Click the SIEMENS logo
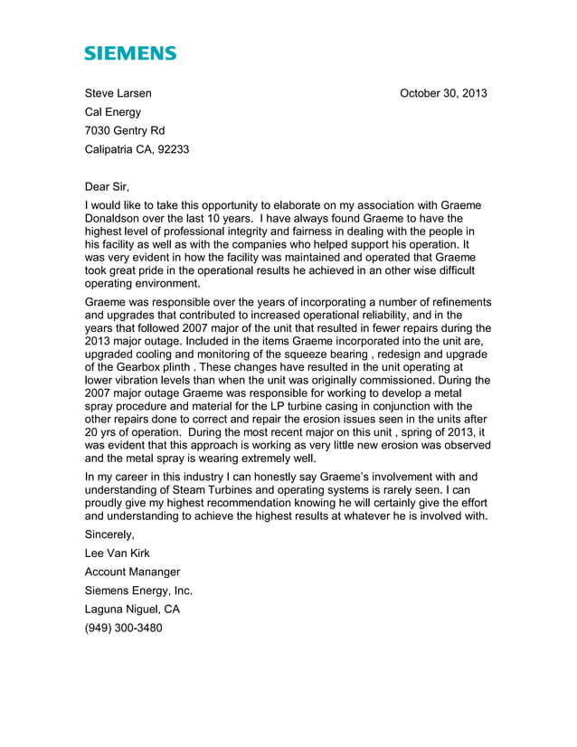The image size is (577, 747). click(130, 53)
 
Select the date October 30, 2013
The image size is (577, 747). click(443, 93)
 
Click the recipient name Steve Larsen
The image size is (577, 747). click(118, 93)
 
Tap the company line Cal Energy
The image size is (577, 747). click(113, 112)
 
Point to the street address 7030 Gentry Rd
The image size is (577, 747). click(125, 131)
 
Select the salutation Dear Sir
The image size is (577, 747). click(107, 187)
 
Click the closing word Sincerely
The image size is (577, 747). click(109, 534)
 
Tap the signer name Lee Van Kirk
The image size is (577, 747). click(118, 553)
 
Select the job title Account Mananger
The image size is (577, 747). click(132, 572)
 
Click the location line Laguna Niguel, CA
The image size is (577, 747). click(132, 610)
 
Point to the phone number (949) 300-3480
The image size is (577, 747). click(124, 629)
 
